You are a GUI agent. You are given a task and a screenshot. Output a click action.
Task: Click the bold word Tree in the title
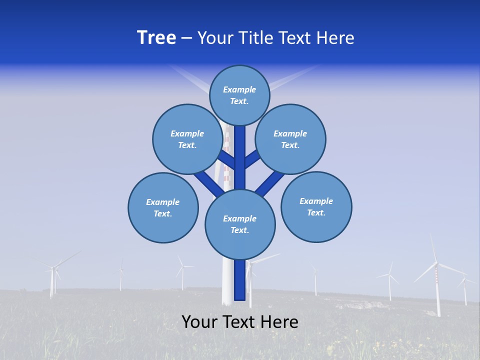[x=156, y=38]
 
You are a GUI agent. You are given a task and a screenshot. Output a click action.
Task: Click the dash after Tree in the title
[x=186, y=38]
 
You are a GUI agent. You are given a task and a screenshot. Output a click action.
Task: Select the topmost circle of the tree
[x=239, y=95]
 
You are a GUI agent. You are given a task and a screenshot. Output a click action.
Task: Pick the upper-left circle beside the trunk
[x=187, y=139]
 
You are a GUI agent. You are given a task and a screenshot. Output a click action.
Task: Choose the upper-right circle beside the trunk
[x=290, y=139]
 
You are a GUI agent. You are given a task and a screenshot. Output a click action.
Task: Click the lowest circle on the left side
[x=163, y=207]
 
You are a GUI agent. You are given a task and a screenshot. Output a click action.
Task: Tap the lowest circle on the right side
[x=316, y=206]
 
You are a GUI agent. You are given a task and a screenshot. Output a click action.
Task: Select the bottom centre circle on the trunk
[x=240, y=224]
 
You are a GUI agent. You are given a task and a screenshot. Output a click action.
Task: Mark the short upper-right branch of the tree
[x=252, y=159]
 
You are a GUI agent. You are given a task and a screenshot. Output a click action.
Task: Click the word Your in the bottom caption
[x=199, y=322]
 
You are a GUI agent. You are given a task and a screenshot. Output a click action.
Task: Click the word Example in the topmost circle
[x=239, y=89]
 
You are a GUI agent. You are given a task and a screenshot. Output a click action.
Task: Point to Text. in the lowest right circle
[x=316, y=212]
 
